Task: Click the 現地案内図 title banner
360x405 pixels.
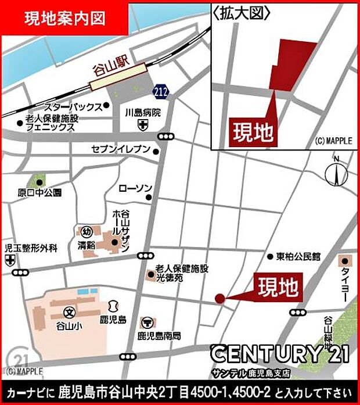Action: [x=64, y=18]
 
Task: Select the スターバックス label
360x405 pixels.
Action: [x=73, y=107]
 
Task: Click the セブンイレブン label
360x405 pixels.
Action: [x=121, y=150]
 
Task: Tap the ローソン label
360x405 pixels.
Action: [x=135, y=188]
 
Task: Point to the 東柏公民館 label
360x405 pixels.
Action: [x=297, y=256]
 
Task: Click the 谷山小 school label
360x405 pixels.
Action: [x=69, y=326]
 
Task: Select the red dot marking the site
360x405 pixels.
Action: [x=219, y=299]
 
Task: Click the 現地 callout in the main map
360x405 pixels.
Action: [x=277, y=287]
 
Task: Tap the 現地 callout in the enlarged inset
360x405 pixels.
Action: [x=253, y=132]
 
